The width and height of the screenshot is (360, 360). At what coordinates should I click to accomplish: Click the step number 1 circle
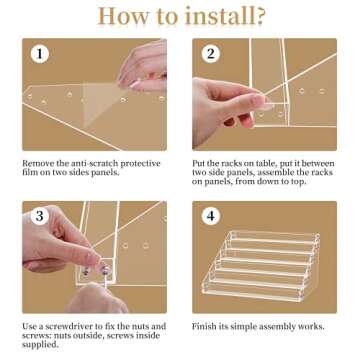coord(40,54)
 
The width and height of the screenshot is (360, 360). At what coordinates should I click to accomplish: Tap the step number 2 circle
coord(211,54)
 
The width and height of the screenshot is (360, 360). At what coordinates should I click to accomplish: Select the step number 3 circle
coord(40,216)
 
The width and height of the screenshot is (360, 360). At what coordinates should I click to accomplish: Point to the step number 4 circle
coord(211,216)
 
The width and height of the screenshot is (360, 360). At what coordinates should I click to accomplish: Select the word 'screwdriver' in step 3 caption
coord(67,326)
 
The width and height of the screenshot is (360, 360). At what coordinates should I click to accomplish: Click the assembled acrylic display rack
coord(261,266)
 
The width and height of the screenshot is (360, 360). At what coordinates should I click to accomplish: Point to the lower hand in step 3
coord(97,298)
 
